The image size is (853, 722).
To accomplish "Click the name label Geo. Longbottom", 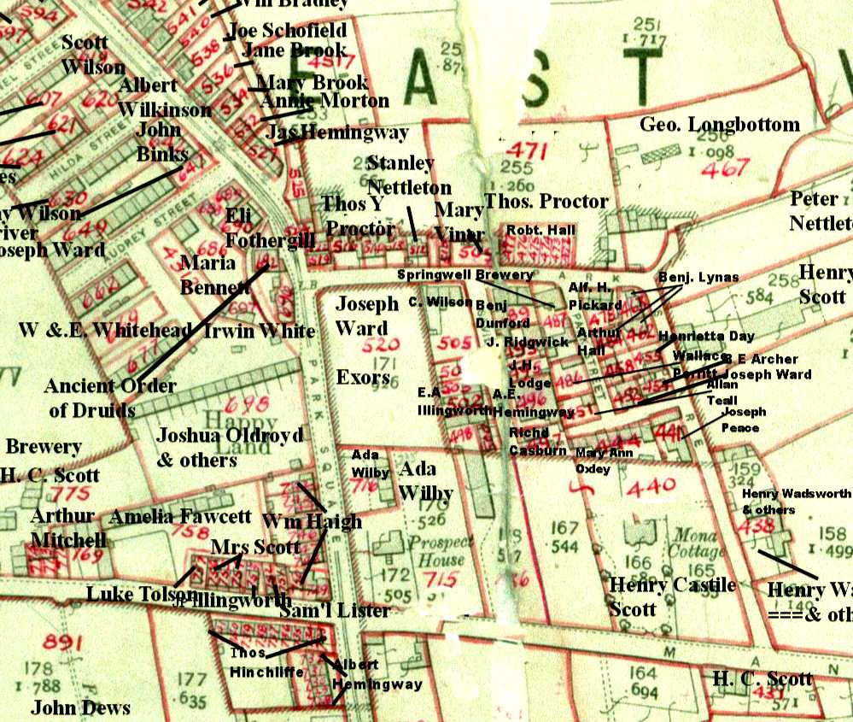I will (720, 126).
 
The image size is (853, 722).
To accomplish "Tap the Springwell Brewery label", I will (465, 275).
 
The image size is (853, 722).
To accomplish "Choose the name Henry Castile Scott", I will (671, 596).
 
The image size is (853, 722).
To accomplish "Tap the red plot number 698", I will (247, 402).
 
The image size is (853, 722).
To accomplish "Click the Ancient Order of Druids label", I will (111, 397).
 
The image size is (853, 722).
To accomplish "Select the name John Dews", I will (80, 707).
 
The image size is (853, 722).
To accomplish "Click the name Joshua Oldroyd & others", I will (229, 447).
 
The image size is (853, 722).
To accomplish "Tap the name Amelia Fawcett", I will (180, 516).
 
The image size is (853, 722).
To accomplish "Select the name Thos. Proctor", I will (546, 202).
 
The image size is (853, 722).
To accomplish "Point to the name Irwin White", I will (260, 331).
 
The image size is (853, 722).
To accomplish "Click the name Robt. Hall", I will (540, 230).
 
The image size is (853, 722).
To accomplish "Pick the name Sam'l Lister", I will (337, 610).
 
